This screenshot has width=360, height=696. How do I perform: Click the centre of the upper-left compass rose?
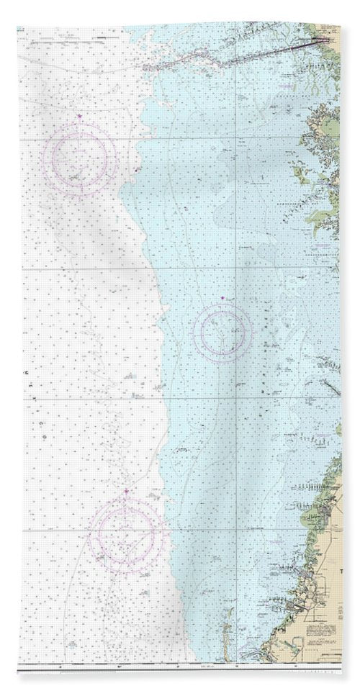click(x=79, y=159)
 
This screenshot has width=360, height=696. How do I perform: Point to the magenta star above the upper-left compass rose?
click(x=80, y=117)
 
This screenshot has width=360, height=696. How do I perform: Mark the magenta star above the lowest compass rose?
click(x=127, y=492)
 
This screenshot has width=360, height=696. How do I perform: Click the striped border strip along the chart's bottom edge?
click(x=180, y=670)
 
